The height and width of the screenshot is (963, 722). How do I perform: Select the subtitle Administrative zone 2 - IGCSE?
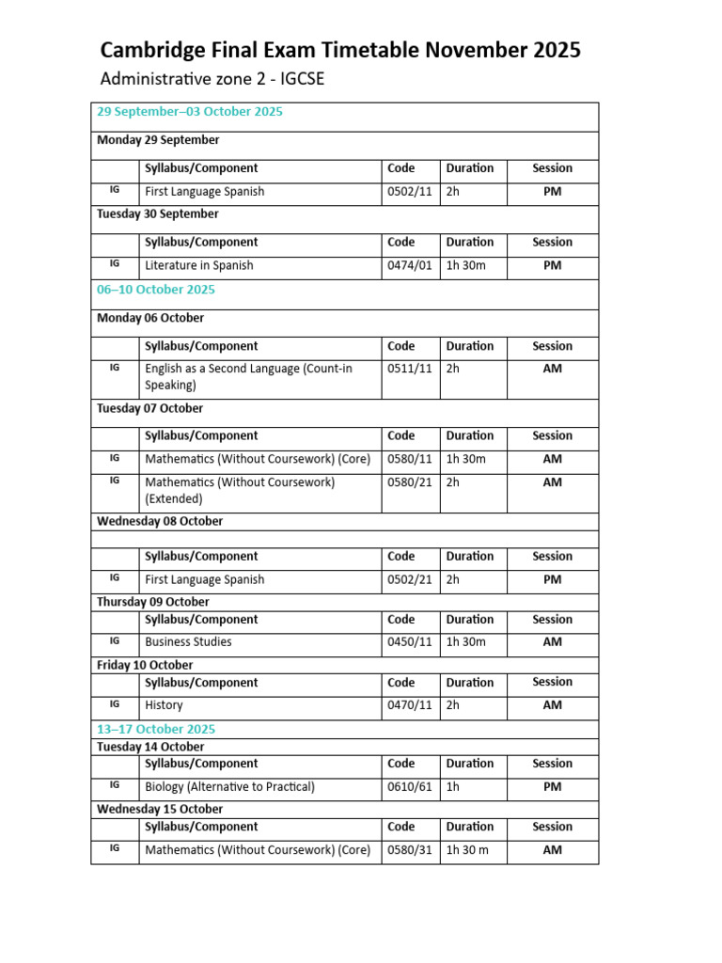[x=212, y=79]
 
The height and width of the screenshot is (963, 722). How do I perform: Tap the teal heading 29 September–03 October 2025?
[x=190, y=112]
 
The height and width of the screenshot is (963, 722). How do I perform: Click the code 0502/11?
[x=410, y=192]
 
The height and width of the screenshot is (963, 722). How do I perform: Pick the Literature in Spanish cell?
[x=198, y=265]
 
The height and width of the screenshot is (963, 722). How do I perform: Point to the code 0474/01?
[x=410, y=265]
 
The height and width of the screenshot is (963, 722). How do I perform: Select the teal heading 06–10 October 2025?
[x=156, y=290]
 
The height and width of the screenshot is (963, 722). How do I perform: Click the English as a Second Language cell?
[x=248, y=376]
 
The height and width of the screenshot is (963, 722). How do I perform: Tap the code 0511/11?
[x=410, y=369]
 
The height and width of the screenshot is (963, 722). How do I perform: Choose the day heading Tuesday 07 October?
[x=149, y=409]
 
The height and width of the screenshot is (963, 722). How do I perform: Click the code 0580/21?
[x=410, y=482]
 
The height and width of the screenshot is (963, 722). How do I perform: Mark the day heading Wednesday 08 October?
[x=160, y=521]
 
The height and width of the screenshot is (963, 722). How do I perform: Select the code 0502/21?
[x=410, y=580]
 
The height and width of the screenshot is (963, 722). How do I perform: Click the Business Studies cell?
[x=188, y=642]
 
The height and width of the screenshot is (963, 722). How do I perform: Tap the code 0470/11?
[x=410, y=705]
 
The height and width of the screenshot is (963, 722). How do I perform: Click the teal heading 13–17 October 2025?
[x=156, y=729]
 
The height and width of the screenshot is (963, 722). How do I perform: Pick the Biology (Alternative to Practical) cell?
[x=229, y=787]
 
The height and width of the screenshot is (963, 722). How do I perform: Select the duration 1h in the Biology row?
[x=453, y=787]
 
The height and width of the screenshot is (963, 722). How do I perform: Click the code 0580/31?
[x=410, y=850]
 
